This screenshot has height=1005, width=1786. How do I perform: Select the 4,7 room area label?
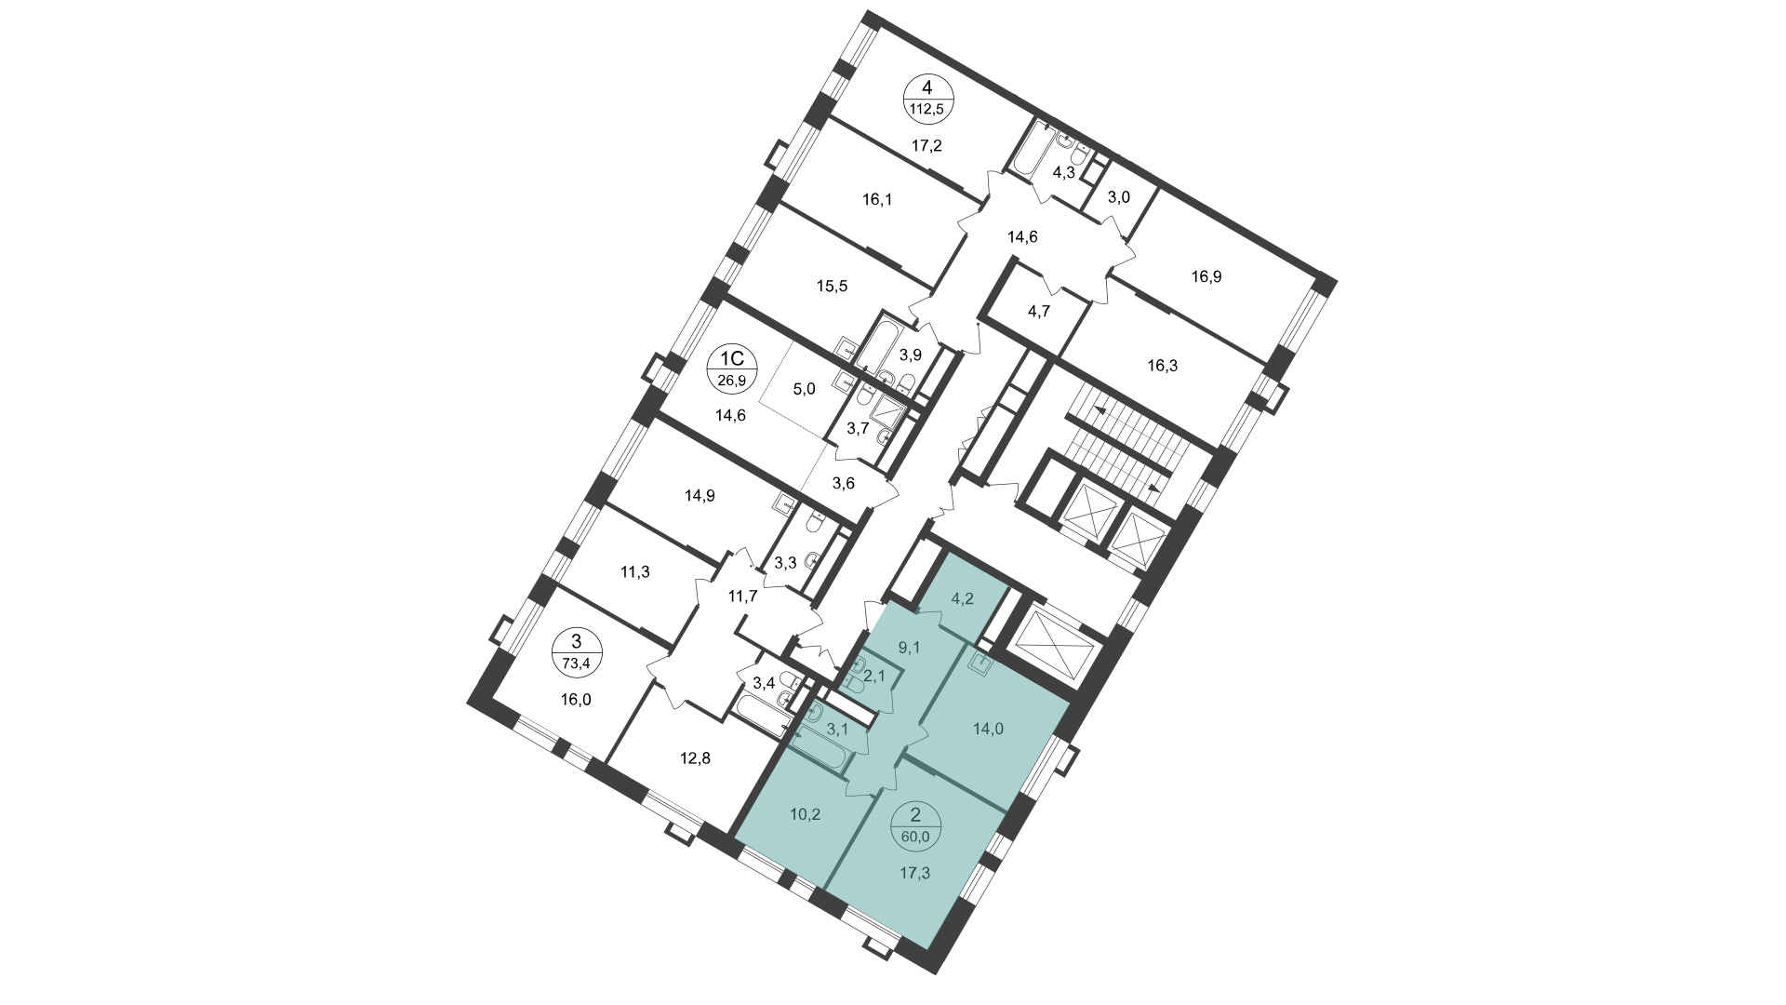pyautogui.click(x=1039, y=312)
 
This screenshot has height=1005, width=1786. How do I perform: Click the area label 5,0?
pyautogui.click(x=804, y=389)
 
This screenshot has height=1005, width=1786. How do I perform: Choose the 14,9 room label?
pyautogui.click(x=700, y=496)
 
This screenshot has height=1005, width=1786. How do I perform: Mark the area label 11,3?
pyautogui.click(x=634, y=571)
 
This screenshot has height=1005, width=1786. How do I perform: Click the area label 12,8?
pyautogui.click(x=696, y=758)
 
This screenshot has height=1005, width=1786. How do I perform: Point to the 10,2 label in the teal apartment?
pyautogui.click(x=806, y=813)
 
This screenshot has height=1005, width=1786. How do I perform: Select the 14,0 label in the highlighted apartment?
pyautogui.click(x=988, y=730)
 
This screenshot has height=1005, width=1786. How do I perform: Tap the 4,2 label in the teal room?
pyautogui.click(x=962, y=599)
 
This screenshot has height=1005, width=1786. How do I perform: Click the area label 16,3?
pyautogui.click(x=1162, y=366)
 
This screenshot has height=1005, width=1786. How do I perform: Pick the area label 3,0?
pyautogui.click(x=1117, y=196)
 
